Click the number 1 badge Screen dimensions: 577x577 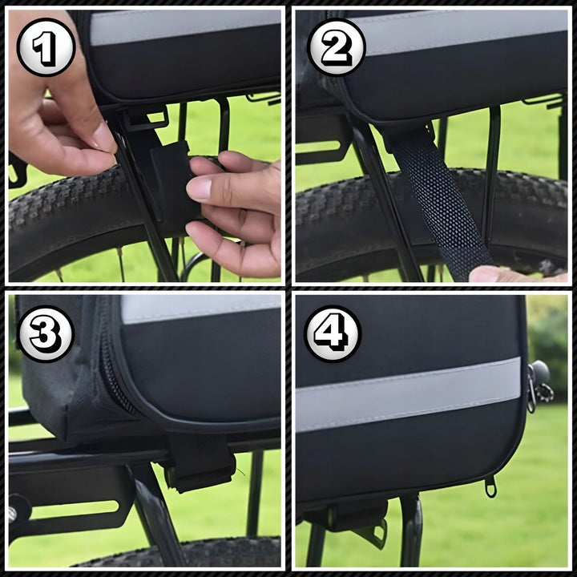46,47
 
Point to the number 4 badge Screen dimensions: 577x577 333,333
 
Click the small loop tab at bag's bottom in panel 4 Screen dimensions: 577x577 490,486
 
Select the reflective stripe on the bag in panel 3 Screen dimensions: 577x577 200,309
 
